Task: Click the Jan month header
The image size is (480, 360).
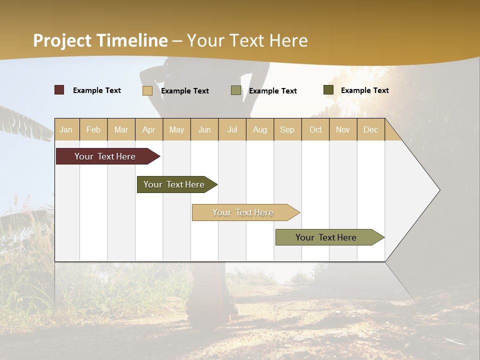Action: click(66, 129)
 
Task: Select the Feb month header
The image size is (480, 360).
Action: click(93, 129)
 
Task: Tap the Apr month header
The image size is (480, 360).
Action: click(149, 129)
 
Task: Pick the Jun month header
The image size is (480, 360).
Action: click(204, 129)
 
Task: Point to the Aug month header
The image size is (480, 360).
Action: click(260, 129)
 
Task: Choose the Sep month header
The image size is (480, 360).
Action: click(287, 129)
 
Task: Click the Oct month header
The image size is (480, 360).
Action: click(315, 129)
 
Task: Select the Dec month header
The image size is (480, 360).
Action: click(370, 129)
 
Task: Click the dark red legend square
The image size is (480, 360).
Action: click(59, 90)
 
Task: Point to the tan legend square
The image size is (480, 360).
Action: click(147, 90)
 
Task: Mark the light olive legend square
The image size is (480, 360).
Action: click(236, 90)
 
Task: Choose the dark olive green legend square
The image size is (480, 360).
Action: click(328, 90)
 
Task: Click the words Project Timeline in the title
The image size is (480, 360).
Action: click(100, 40)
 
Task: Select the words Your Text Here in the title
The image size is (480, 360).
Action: click(247, 40)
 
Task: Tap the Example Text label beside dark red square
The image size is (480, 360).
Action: click(97, 90)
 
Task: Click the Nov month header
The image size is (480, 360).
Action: click(343, 129)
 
